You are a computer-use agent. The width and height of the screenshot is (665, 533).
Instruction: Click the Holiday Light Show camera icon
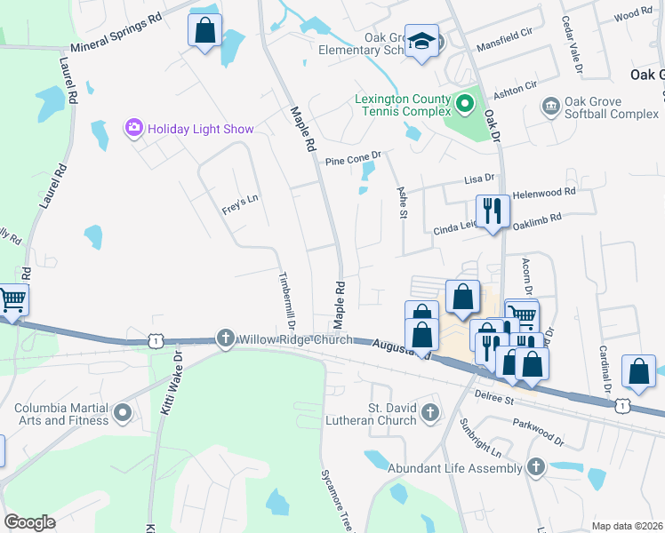134,128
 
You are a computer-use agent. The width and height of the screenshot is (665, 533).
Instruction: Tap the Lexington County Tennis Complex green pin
463,107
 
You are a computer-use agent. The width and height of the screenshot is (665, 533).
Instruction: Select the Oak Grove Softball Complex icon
550,107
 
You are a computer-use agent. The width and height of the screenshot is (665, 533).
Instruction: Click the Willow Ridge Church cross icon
226,338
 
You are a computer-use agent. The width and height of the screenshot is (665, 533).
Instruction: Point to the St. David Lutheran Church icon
430,411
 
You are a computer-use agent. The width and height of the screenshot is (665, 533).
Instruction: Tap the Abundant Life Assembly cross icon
535,465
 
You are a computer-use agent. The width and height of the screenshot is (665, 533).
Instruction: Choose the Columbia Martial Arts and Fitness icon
123,412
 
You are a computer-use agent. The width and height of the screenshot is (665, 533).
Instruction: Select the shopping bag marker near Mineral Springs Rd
204,31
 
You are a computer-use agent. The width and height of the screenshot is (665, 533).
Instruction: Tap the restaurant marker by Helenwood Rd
493,211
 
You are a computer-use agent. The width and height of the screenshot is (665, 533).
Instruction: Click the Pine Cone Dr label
352,161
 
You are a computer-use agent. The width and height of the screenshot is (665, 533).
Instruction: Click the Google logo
30,522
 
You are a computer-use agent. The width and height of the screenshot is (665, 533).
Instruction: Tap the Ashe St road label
402,203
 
